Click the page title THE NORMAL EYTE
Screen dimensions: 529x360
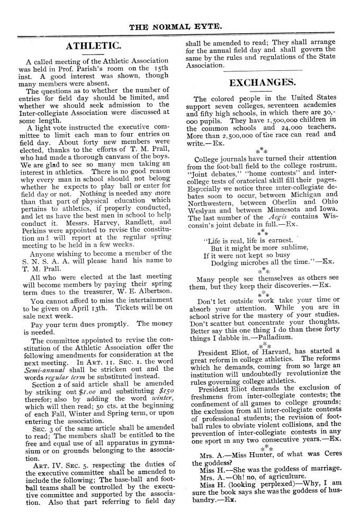[180, 24]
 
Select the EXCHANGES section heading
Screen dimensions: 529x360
[262, 82]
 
